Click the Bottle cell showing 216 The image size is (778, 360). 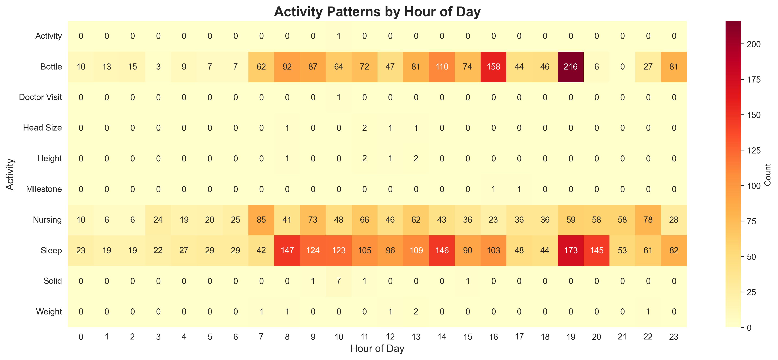pos(570,67)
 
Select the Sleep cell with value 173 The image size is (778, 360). pos(570,250)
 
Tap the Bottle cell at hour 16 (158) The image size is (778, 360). pos(493,67)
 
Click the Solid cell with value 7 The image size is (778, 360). pos(338,281)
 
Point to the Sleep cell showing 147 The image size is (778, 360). pos(287,250)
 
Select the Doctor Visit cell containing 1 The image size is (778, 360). pos(338,97)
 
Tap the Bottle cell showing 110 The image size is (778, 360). pos(442,67)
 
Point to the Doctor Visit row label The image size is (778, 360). pos(40,97)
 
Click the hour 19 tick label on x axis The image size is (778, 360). pos(570,337)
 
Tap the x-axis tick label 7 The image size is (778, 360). pos(261,337)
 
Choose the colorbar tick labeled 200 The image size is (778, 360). pos(754,44)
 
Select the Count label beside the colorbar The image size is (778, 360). pos(767,175)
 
